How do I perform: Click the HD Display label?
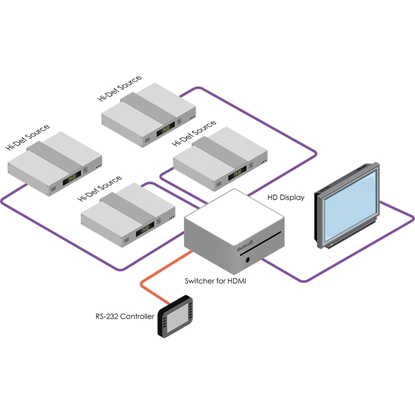point(286,198)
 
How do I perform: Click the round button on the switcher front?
point(251,258)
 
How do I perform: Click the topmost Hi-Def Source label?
point(119,89)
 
